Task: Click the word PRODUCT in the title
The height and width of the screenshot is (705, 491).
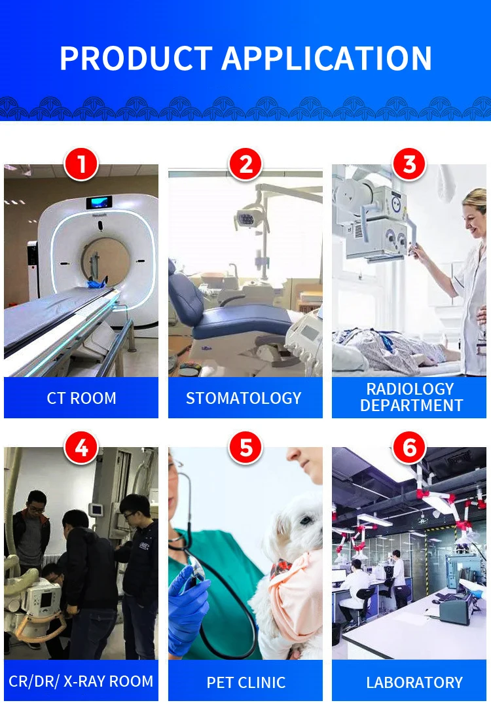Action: click(136, 58)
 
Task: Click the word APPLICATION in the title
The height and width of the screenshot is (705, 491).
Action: click(327, 58)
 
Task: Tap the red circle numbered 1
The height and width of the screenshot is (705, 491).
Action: click(81, 164)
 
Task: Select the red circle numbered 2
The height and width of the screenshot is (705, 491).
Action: click(245, 164)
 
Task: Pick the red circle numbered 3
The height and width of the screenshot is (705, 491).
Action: click(409, 164)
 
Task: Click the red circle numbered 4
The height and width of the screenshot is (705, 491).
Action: click(81, 448)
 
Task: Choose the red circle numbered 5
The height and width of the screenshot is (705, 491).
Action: click(245, 448)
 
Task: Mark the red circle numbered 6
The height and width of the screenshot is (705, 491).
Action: click(409, 448)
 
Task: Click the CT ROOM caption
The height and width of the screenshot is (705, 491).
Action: click(81, 398)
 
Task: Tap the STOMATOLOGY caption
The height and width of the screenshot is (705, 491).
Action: click(244, 398)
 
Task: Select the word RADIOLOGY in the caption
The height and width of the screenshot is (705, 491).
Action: click(410, 389)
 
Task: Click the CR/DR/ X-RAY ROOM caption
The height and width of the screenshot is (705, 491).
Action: click(81, 681)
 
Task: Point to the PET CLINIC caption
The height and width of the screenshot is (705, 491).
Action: click(246, 683)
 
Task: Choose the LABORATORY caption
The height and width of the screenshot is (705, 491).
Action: click(414, 683)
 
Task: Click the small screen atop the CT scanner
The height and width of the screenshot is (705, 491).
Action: click(99, 202)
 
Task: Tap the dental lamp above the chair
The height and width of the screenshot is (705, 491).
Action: click(248, 217)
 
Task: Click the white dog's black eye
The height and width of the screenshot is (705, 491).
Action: click(306, 520)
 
